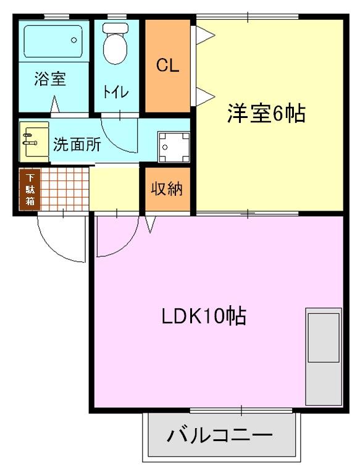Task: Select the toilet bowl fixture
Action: click(x=114, y=44)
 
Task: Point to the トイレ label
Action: click(x=115, y=92)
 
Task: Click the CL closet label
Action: click(x=167, y=66)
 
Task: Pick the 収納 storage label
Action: click(x=167, y=189)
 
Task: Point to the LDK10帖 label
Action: click(x=204, y=317)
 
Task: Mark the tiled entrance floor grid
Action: click(x=65, y=189)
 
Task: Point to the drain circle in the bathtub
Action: click(x=74, y=40)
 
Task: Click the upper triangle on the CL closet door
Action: click(x=203, y=35)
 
